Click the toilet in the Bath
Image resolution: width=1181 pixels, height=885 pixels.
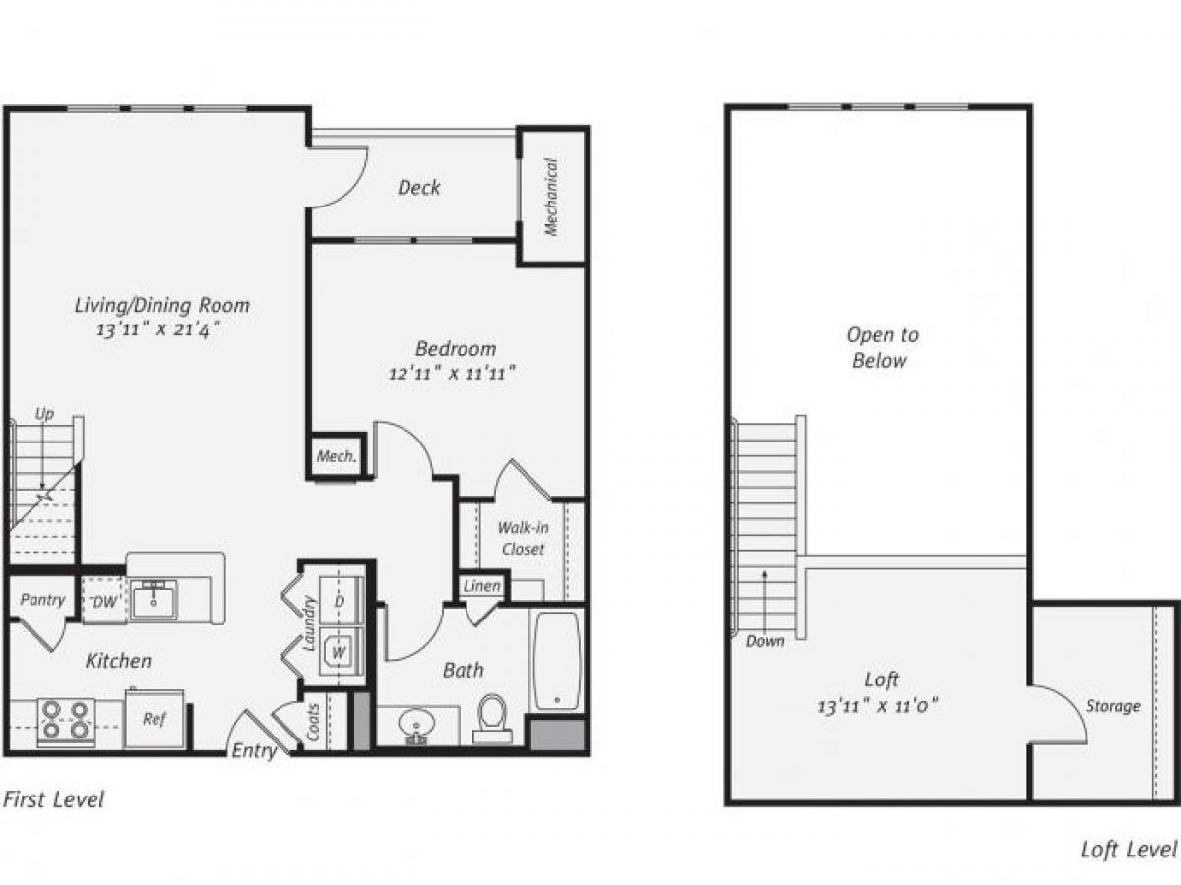491,716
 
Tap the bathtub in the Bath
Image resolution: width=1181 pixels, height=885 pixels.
558,659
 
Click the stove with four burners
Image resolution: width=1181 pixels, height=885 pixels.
66,722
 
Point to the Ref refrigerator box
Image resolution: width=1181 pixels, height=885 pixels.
155,720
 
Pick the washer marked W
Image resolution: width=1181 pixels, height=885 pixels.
340,652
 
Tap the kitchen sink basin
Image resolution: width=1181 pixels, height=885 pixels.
155,600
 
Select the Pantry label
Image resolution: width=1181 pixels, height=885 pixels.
42,600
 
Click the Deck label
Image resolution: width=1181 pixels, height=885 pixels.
419,187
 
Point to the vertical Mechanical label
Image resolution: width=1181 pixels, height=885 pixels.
551,197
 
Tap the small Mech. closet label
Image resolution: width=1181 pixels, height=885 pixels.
336,457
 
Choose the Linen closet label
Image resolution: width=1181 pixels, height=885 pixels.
482,587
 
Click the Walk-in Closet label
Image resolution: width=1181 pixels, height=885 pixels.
523,538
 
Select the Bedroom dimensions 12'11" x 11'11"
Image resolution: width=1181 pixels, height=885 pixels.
453,373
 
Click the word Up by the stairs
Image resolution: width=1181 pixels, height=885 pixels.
44,414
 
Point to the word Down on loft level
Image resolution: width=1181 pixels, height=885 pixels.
766,641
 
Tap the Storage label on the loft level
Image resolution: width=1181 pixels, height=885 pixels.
1113,706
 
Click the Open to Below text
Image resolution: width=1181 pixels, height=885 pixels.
882,347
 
